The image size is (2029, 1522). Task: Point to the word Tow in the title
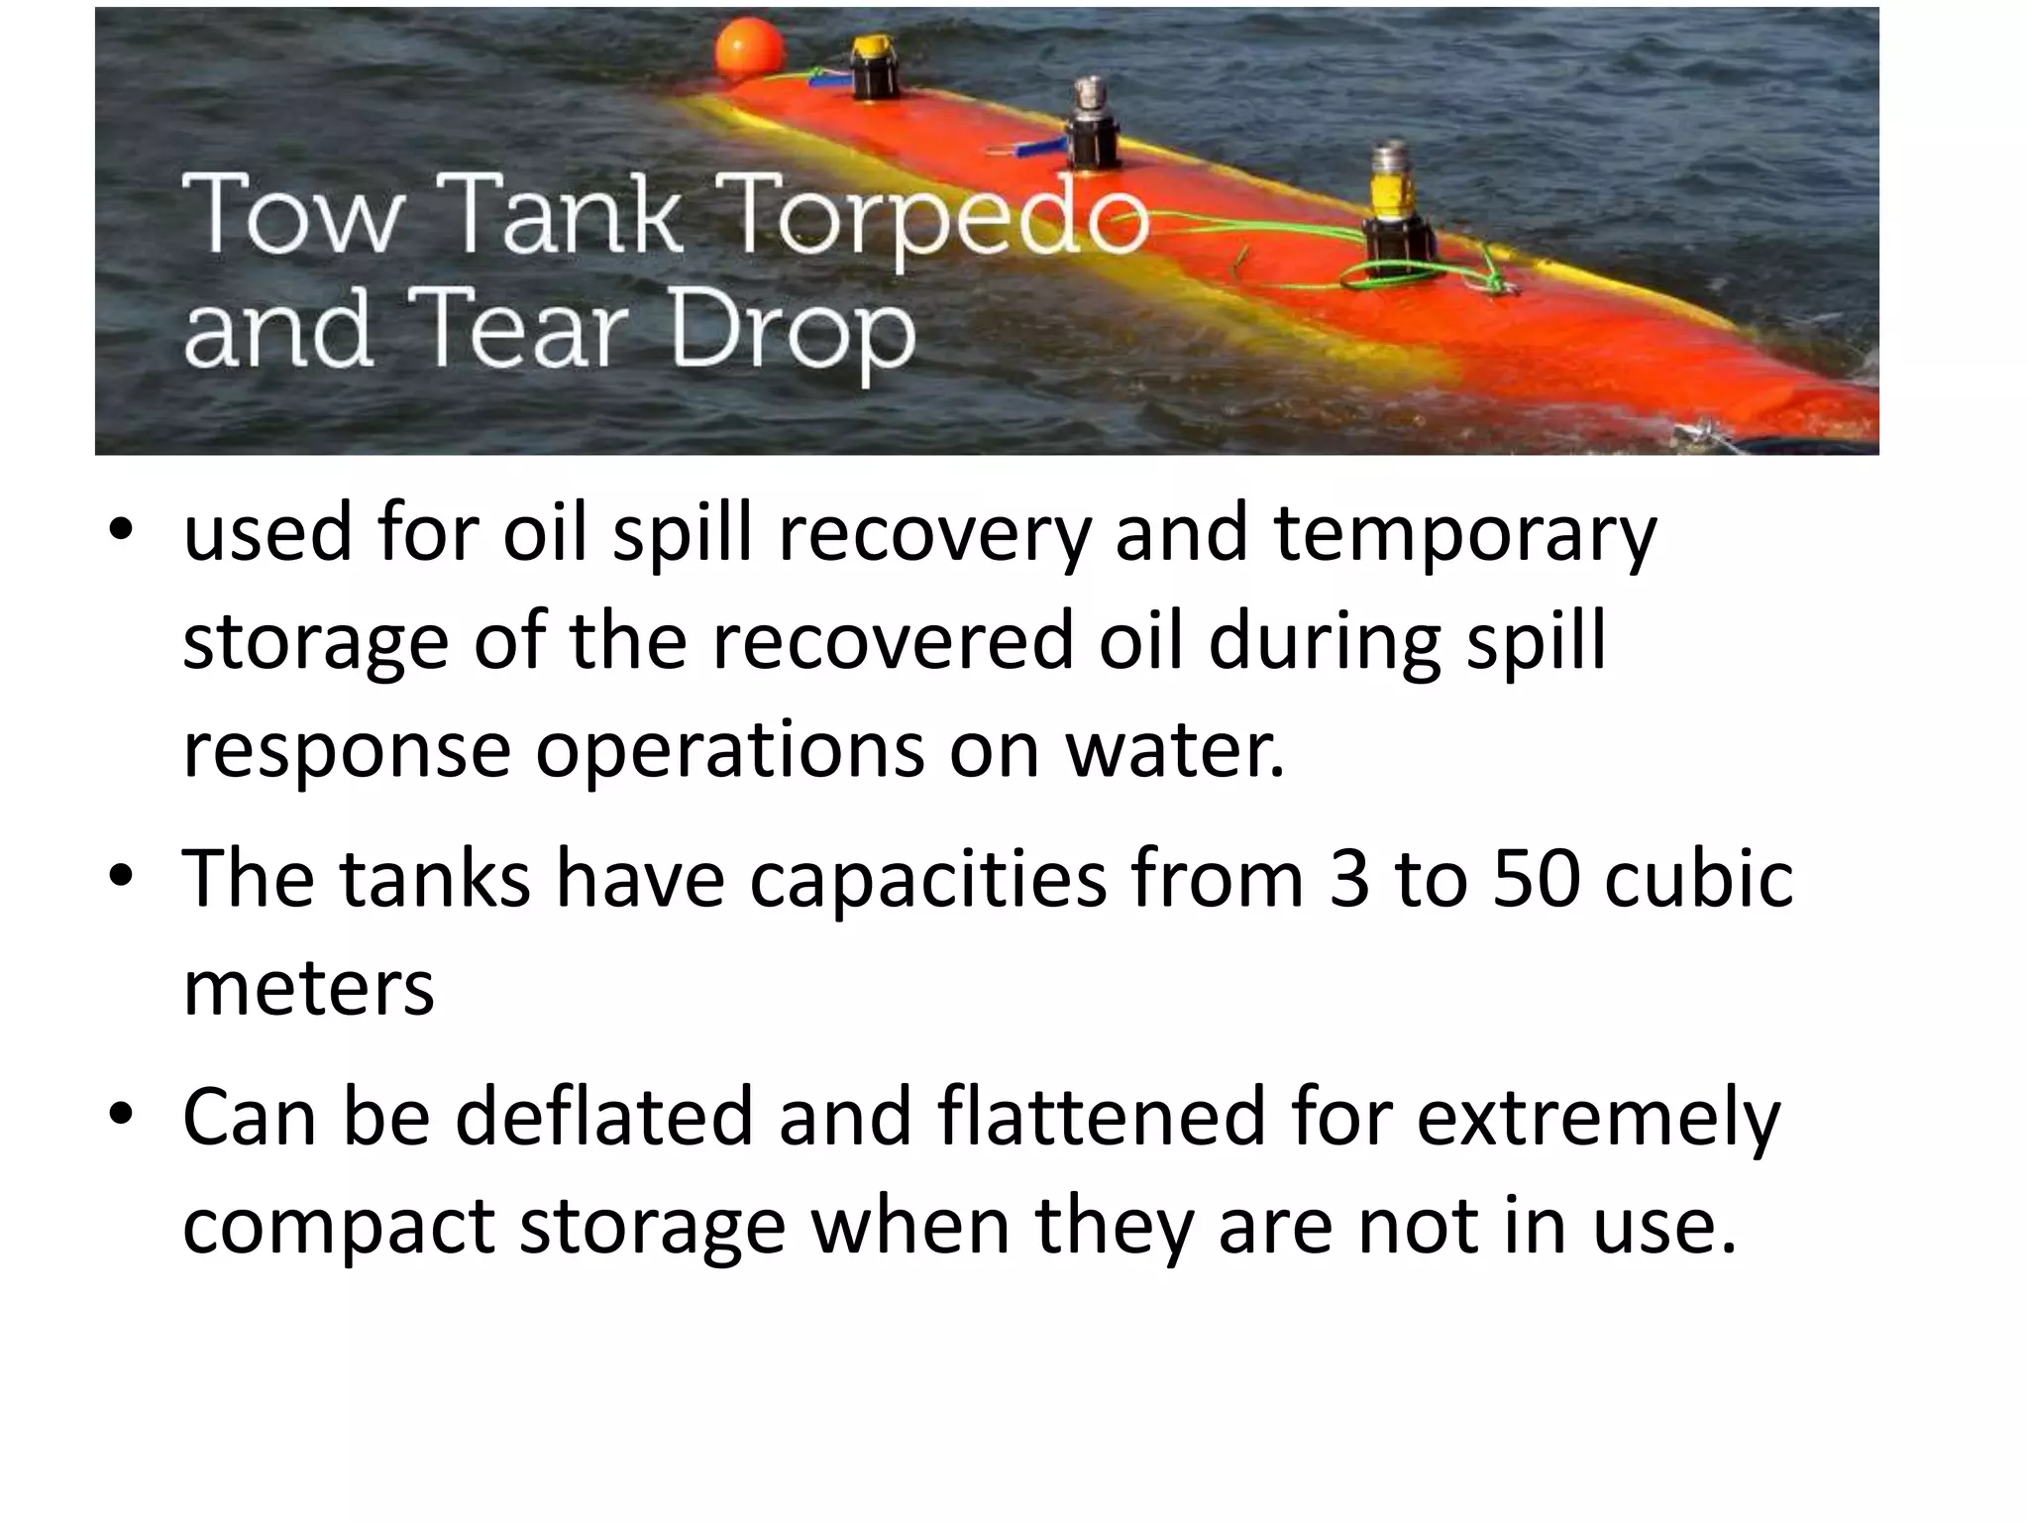coord(294,213)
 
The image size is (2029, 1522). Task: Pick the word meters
coord(309,987)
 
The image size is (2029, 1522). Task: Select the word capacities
coord(927,878)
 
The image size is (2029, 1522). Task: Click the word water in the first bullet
coord(1173,749)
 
